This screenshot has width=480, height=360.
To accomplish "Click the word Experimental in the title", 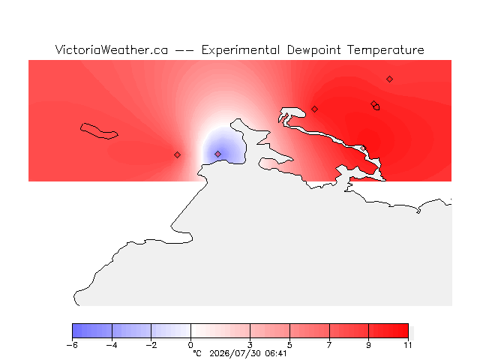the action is click(240, 50).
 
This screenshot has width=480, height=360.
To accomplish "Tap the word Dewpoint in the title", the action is click(313, 50).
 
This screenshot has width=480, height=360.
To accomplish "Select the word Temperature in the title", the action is click(385, 50).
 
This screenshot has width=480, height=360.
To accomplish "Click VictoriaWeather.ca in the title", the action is click(112, 49).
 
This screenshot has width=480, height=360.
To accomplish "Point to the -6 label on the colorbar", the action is click(72, 345).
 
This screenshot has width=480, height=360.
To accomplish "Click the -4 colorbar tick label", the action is click(112, 345).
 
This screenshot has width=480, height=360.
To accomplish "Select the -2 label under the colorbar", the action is click(151, 345).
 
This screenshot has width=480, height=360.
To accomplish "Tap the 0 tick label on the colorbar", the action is click(190, 345).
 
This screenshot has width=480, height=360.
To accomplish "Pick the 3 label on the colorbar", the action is click(250, 345).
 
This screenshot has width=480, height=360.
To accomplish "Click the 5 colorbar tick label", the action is click(289, 345).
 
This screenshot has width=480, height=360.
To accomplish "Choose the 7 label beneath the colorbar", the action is click(329, 345).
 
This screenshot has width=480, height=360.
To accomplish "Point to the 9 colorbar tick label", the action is click(368, 345).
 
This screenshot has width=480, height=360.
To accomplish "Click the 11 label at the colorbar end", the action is click(408, 345).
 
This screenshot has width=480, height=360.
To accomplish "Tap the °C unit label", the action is click(197, 353).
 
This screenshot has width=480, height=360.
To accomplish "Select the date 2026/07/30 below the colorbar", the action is click(235, 354).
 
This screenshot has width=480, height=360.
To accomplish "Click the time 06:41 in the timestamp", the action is click(276, 353).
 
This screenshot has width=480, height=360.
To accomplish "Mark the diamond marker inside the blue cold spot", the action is click(217, 154).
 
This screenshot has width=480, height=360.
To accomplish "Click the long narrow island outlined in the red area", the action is click(98, 132).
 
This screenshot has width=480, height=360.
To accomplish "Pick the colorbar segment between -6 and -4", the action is click(92, 331).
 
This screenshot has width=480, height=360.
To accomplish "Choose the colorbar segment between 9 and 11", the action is click(388, 331).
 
